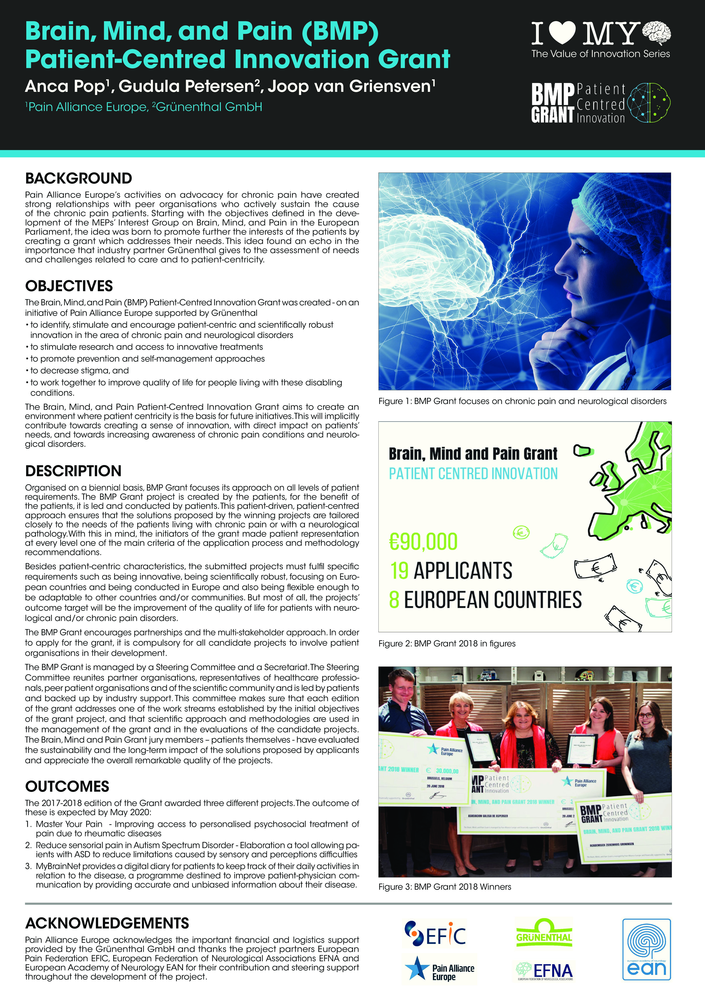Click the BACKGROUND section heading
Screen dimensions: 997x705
79,179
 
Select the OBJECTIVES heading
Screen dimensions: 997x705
69,286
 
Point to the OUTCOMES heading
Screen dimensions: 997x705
67,786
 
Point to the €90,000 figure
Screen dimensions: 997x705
423,541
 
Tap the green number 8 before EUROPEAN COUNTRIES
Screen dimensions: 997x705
394,600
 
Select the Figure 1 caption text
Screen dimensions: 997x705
522,401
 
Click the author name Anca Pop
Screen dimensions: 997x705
65,86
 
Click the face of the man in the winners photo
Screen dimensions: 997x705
404,687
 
